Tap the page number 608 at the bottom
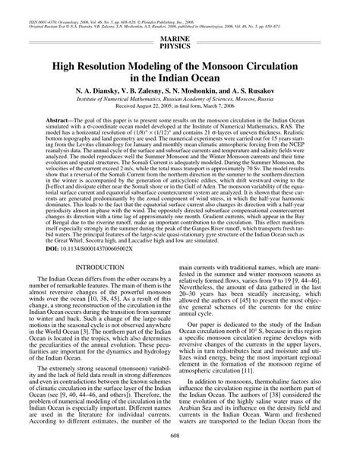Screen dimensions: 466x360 pos(180,456)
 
